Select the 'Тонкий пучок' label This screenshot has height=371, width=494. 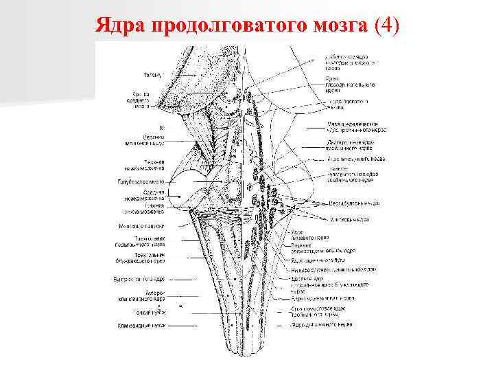tap(145, 311)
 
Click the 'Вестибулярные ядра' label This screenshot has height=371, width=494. tap(344, 203)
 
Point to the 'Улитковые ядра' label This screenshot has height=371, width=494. tap(346, 220)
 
